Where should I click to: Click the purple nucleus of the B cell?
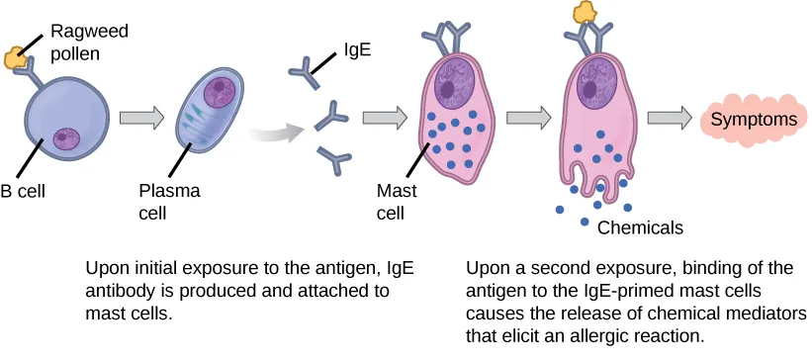[x=66, y=136]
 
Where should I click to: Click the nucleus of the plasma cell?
[x=220, y=91]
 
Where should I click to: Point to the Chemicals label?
[x=640, y=227]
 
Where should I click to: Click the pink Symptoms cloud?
[x=755, y=120]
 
